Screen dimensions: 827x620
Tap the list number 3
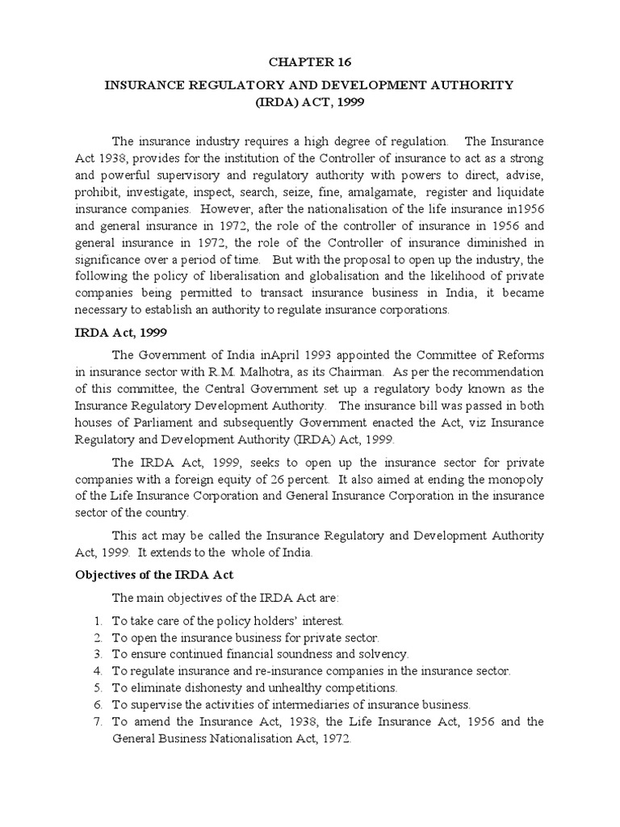pos(96,653)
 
